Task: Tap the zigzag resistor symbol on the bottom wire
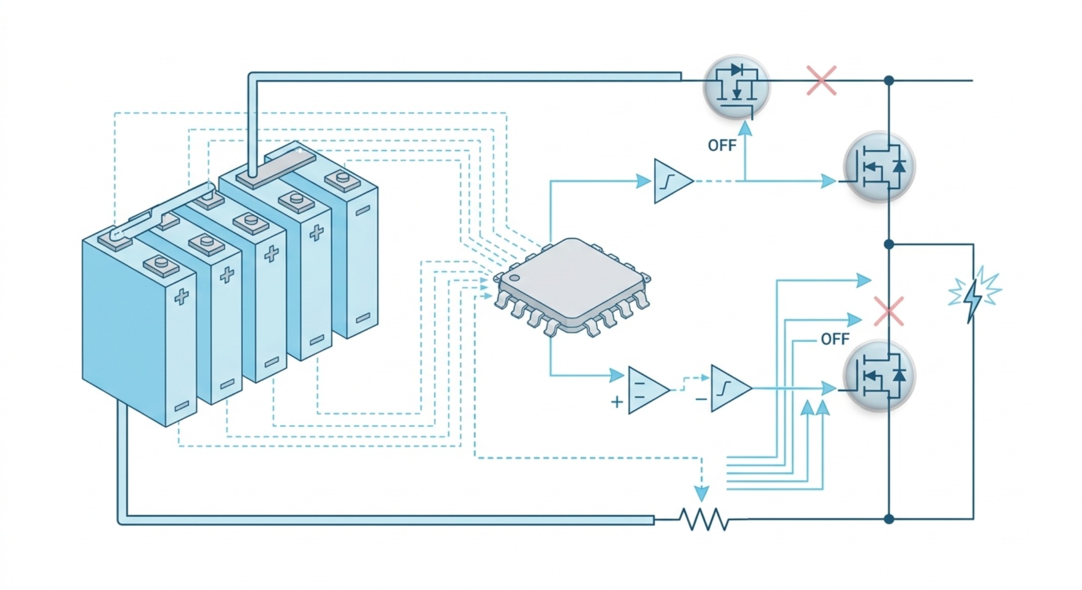click(704, 519)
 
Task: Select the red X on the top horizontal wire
click(821, 81)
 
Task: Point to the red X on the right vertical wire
click(889, 311)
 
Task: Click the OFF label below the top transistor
click(722, 145)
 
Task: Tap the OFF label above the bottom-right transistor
click(835, 339)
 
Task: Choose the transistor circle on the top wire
click(736, 87)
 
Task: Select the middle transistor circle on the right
click(879, 166)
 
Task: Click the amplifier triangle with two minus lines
click(648, 390)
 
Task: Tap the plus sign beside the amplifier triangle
click(617, 403)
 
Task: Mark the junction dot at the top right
click(889, 81)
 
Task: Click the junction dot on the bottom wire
click(889, 519)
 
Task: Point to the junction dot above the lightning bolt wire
click(889, 244)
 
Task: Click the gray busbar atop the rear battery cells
click(276, 166)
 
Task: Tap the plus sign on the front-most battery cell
click(182, 297)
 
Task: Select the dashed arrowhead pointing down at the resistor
click(701, 493)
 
